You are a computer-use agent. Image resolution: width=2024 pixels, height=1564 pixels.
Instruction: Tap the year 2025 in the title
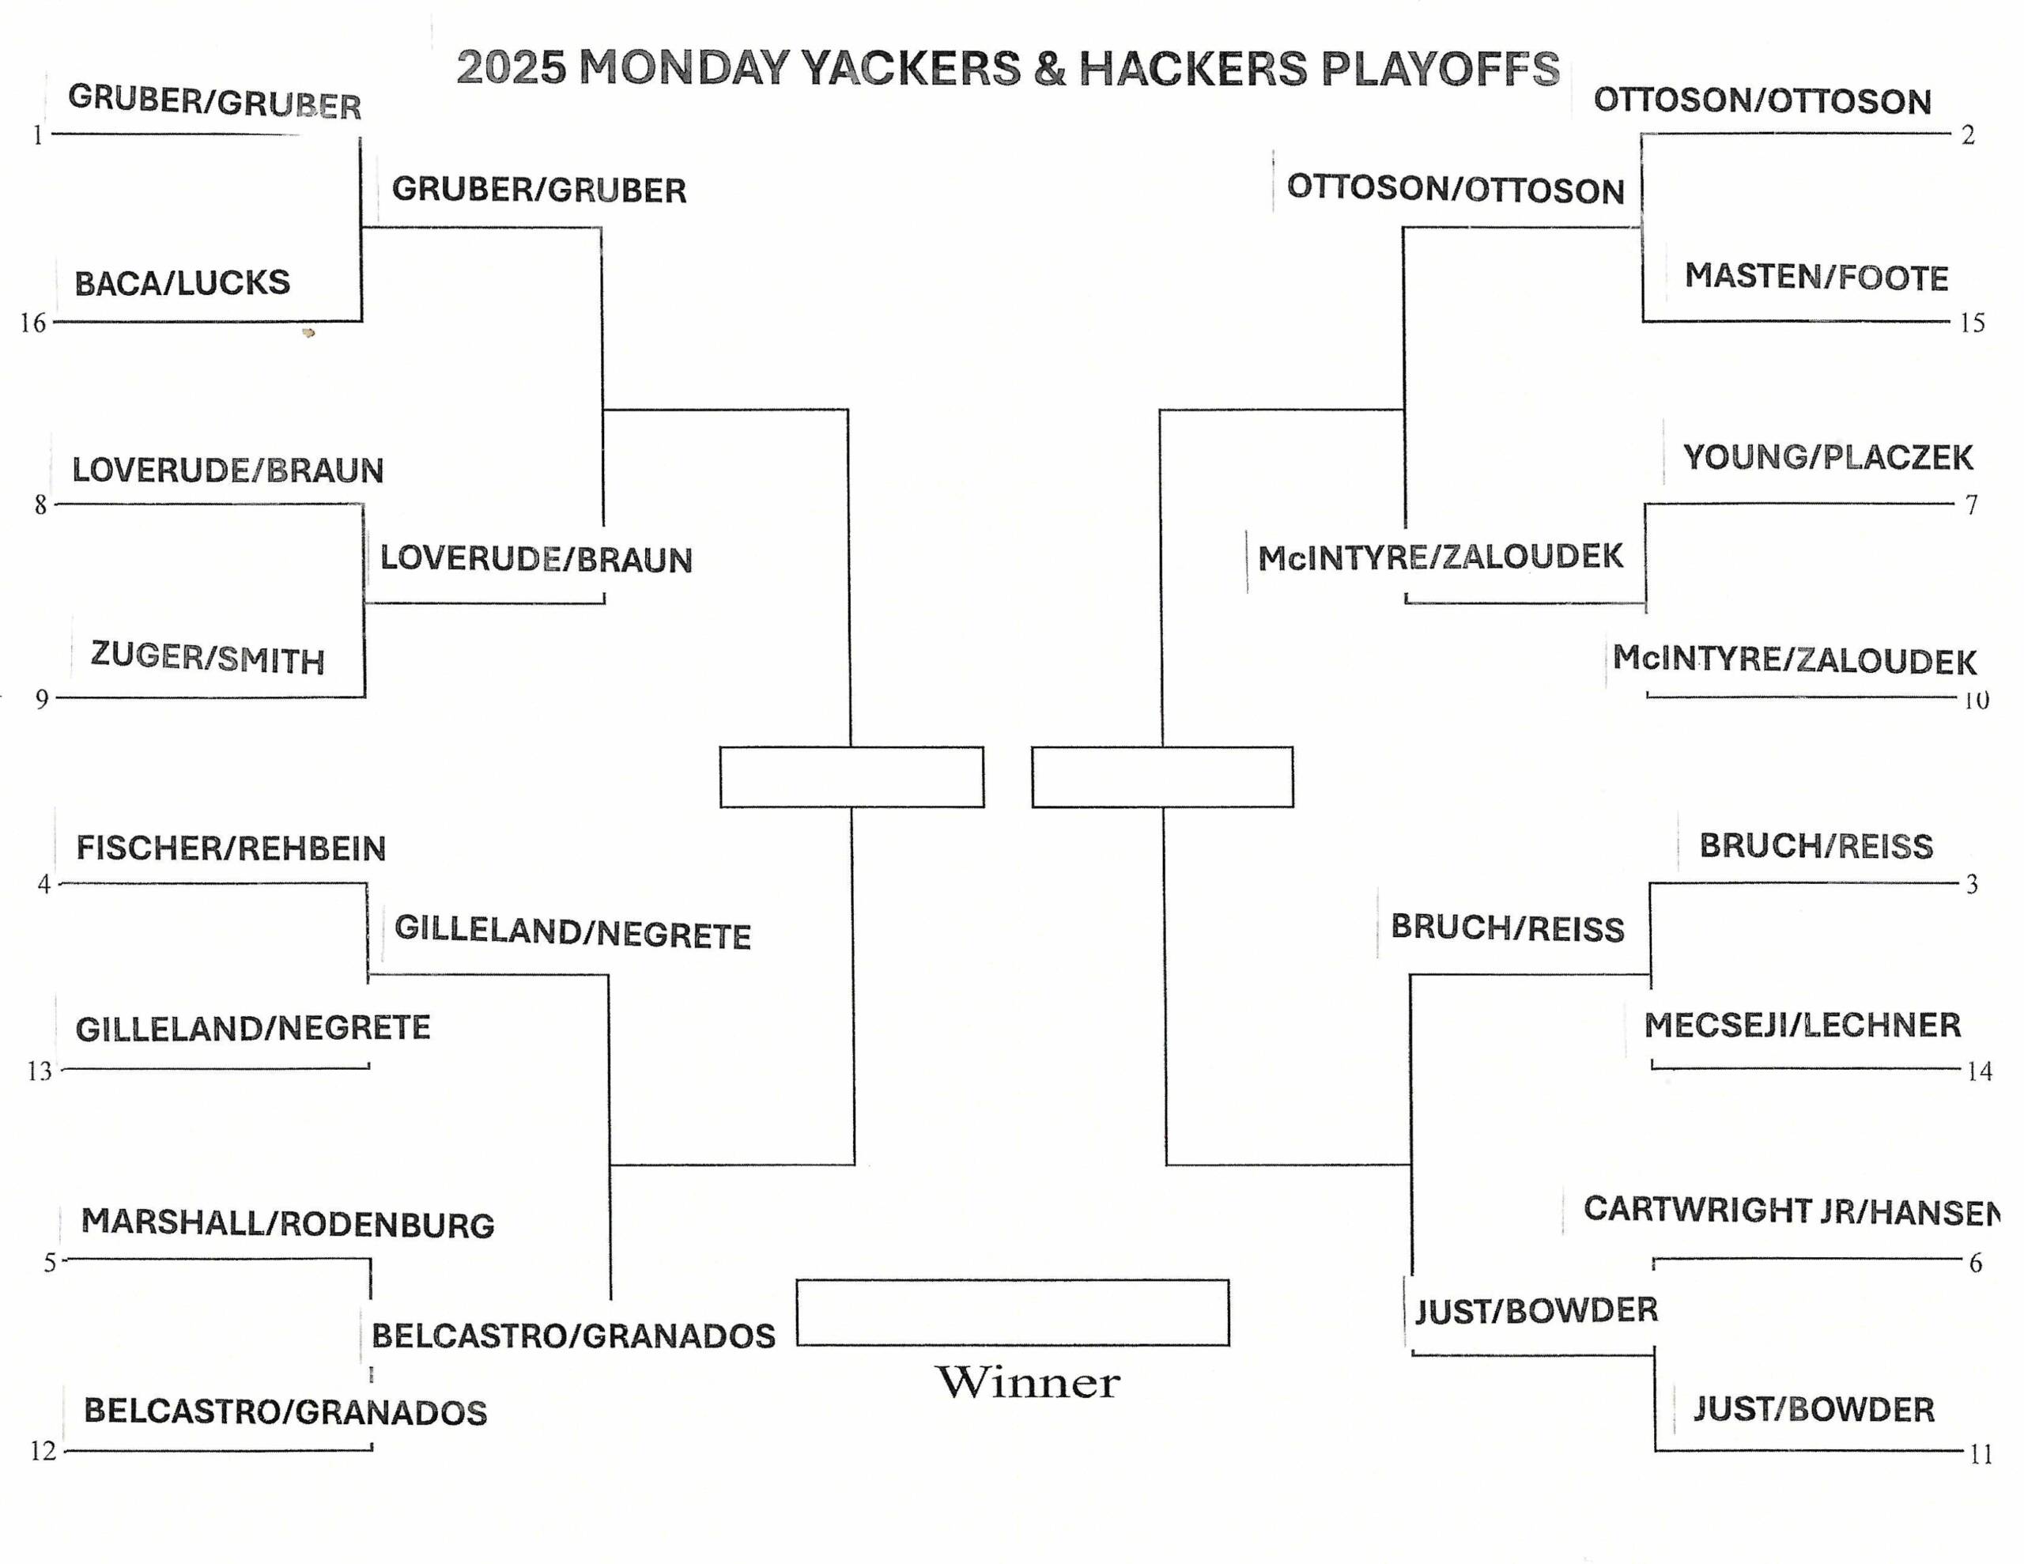511,68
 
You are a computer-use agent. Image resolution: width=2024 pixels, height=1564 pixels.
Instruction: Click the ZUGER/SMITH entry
208,657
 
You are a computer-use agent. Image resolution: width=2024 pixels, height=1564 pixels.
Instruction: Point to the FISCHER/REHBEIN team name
231,848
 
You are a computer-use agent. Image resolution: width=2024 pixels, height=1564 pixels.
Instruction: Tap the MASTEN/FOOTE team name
1816,278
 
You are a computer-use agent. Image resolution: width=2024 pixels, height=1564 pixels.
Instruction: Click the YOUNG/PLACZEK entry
1828,457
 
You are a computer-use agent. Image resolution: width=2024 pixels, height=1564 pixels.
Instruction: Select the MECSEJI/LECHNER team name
1803,1026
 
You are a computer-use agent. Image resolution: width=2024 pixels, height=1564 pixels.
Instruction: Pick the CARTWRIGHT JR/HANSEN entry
1791,1211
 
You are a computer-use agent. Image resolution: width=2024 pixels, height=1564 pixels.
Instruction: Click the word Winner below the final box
1028,1382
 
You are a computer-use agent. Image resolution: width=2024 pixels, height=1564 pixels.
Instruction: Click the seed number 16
33,323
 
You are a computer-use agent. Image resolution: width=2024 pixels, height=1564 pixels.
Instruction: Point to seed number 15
1972,323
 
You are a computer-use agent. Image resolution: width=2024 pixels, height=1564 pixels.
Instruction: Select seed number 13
40,1071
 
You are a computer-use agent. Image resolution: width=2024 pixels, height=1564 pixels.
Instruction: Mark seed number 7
1972,505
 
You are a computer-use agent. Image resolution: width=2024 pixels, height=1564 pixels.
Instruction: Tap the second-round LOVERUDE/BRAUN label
537,559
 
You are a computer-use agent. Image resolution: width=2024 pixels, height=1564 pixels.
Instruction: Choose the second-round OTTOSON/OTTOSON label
1456,188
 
